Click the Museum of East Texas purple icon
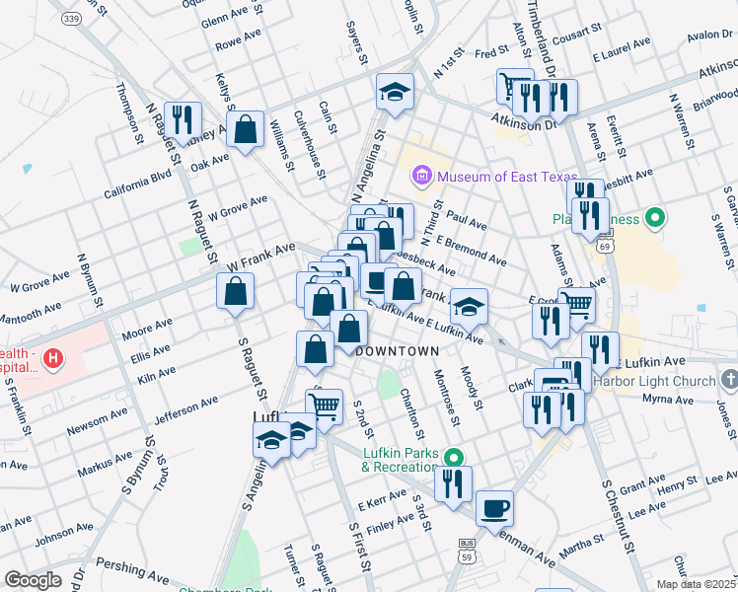pyautogui.click(x=422, y=177)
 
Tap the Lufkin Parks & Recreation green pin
pyautogui.click(x=453, y=457)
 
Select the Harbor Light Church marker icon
pyautogui.click(x=728, y=380)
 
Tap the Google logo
pyautogui.click(x=33, y=580)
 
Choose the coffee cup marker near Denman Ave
pyautogui.click(x=494, y=508)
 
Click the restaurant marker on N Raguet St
pyautogui.click(x=183, y=120)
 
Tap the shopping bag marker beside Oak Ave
pyautogui.click(x=244, y=129)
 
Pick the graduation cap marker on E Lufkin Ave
pyautogui.click(x=471, y=305)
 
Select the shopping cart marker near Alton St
pyautogui.click(x=513, y=86)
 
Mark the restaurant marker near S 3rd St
pyautogui.click(x=453, y=483)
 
